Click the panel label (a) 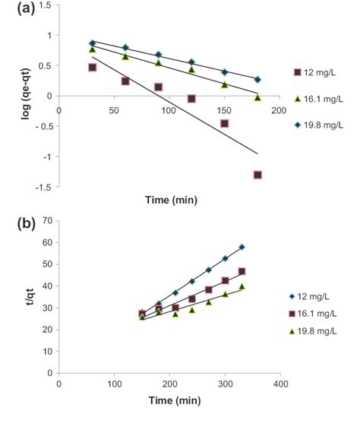[14, 8]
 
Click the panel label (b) [14, 226]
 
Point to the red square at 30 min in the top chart [92, 68]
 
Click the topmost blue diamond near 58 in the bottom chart [242, 247]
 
